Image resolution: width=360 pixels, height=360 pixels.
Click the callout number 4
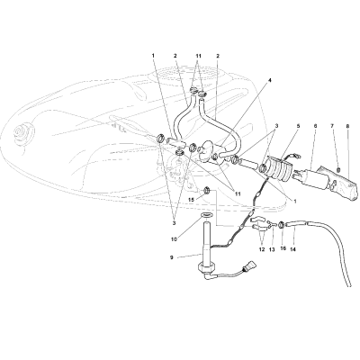(x=270, y=80)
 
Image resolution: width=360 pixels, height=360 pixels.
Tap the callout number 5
(x=298, y=126)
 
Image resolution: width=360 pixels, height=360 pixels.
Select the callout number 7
(x=332, y=126)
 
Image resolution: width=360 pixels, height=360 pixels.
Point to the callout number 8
(x=347, y=126)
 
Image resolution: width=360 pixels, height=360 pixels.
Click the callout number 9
(x=172, y=257)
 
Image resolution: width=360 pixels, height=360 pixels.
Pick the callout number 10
(x=175, y=238)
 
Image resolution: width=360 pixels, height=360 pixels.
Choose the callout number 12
(x=262, y=249)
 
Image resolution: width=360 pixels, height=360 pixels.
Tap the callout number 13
(x=272, y=249)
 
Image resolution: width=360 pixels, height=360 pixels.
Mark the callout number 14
(x=292, y=249)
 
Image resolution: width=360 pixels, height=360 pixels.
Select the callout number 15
(x=198, y=200)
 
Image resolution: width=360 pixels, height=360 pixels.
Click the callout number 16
(x=283, y=248)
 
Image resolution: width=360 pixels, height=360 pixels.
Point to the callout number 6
(x=315, y=126)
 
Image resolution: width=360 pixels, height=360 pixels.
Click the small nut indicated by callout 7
(x=338, y=170)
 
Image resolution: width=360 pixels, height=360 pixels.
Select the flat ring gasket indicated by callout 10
(x=205, y=215)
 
